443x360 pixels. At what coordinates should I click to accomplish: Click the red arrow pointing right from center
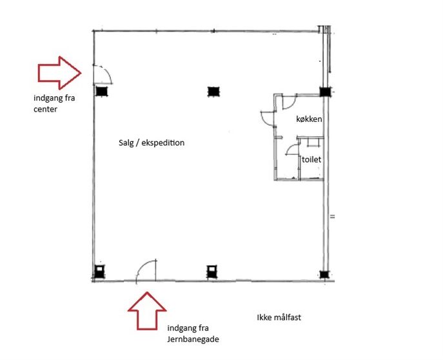pos(59,73)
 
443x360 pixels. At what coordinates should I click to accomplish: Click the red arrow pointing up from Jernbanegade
pos(147,311)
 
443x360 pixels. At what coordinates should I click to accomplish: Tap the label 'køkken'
pos(309,119)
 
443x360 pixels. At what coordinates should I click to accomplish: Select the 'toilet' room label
pos(311,159)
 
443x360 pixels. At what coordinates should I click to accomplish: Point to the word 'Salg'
pos(125,143)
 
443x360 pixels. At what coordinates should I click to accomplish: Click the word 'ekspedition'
pos(162,143)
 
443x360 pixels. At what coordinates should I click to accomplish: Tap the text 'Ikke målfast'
pos(279,317)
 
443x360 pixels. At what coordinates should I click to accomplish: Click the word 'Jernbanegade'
pos(193,339)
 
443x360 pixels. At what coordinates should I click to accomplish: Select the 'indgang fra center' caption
pos(54,103)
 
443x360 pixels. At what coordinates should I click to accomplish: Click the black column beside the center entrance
pos(101,92)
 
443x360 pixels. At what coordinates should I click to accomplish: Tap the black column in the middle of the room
pos(213,92)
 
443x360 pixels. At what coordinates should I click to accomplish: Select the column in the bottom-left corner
pos(99,271)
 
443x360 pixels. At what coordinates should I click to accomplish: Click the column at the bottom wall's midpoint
pos(212,272)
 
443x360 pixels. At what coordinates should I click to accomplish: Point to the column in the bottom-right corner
pos(324,274)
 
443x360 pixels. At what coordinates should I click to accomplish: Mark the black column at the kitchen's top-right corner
pos(325,92)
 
